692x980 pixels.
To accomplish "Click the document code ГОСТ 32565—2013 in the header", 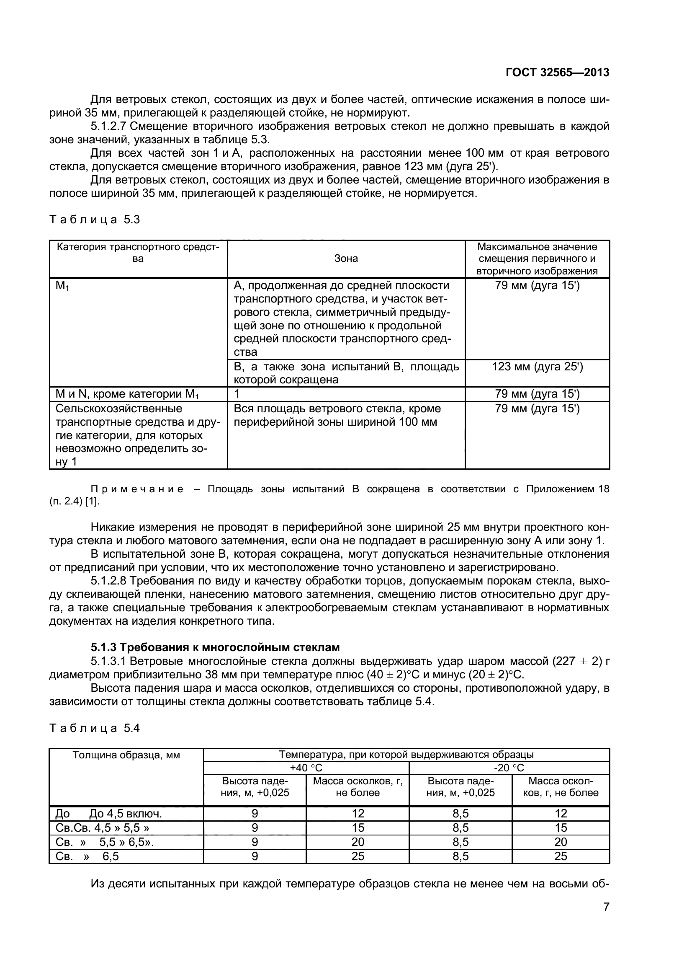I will [x=557, y=72].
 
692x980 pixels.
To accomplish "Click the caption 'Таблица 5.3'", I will [x=95, y=220].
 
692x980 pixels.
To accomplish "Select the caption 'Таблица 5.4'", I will [x=95, y=728].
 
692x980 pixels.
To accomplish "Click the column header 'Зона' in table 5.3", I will [x=346, y=259].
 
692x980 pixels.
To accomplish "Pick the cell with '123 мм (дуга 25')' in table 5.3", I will [x=537, y=367].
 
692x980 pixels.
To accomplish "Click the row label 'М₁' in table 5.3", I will [x=62, y=286].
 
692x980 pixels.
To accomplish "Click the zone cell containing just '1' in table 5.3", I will [x=237, y=394].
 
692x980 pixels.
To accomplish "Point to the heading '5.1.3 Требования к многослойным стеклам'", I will [x=215, y=647].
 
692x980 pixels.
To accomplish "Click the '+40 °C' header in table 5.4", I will [x=306, y=768].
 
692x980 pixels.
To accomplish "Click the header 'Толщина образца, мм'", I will [x=126, y=755].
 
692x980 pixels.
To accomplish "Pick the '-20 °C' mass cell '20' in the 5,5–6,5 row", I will [x=560, y=842].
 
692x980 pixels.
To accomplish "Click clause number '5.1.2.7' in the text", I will [x=109, y=127].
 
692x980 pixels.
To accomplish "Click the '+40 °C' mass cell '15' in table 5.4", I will [x=358, y=827].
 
